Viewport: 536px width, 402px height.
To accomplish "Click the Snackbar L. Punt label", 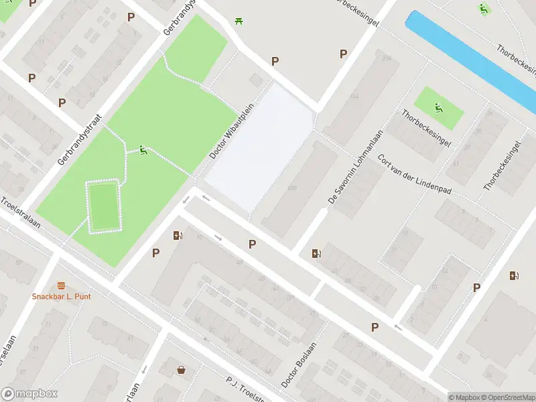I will [x=62, y=296].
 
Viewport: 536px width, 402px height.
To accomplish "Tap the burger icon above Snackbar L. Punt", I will [x=62, y=285].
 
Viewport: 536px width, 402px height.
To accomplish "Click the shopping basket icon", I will [x=182, y=369].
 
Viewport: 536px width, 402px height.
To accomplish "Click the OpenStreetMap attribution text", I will [x=509, y=397].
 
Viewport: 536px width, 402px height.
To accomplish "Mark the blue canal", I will [x=469, y=60].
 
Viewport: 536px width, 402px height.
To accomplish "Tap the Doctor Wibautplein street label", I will [x=232, y=131].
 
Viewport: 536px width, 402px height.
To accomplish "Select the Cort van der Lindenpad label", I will [x=415, y=175].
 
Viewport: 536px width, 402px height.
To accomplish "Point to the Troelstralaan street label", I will [x=20, y=213].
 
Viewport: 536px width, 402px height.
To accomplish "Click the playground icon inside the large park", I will [x=143, y=151].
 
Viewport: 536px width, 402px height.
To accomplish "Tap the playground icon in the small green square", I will [x=438, y=107].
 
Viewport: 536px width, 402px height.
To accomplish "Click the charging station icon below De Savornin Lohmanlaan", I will [x=316, y=253].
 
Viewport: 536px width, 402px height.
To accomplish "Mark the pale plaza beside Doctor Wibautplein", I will [x=258, y=147].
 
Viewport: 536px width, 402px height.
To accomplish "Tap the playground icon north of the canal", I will [x=483, y=9].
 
